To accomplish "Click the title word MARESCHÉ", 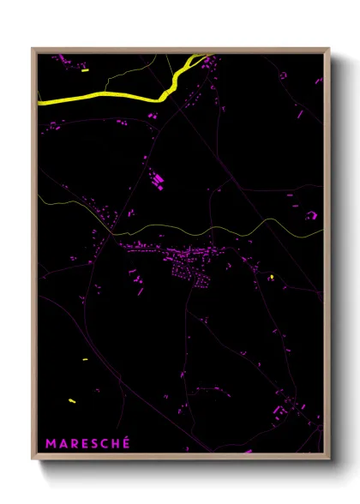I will click(87, 443).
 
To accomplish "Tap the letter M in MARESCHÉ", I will click(51, 443).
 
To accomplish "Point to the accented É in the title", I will click(126, 442).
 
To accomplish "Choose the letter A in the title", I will click(62, 443).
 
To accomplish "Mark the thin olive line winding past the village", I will click(214, 230).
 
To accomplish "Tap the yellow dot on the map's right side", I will click(272, 277).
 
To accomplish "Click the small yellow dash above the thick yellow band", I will click(85, 70).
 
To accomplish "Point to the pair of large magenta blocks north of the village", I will click(158, 181).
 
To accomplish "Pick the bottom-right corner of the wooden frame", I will click(328, 456).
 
